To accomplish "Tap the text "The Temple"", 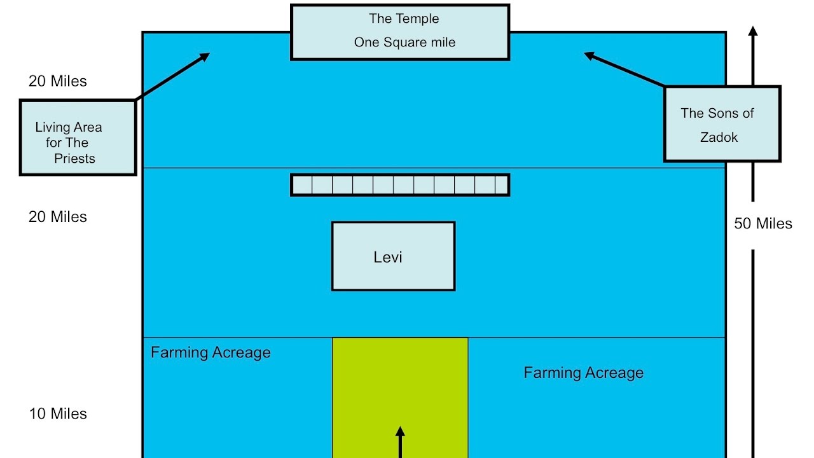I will [x=404, y=19].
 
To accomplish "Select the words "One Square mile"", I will [x=404, y=43].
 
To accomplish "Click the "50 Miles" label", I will [x=763, y=224].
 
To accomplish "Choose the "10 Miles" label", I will [x=58, y=414].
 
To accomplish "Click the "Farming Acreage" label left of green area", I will [x=210, y=353].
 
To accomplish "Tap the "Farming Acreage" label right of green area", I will [x=583, y=373].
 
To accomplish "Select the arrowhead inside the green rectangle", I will [x=400, y=433].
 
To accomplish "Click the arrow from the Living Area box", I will [x=173, y=76].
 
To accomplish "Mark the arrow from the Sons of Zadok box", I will [x=624, y=70].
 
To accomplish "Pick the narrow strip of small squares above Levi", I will [x=399, y=185].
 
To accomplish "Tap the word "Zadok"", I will [x=719, y=137].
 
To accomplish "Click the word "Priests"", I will [x=74, y=159].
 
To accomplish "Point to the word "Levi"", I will [x=388, y=258].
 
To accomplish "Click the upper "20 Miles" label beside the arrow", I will [x=58, y=81].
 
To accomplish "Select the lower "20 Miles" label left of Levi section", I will [x=58, y=217].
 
